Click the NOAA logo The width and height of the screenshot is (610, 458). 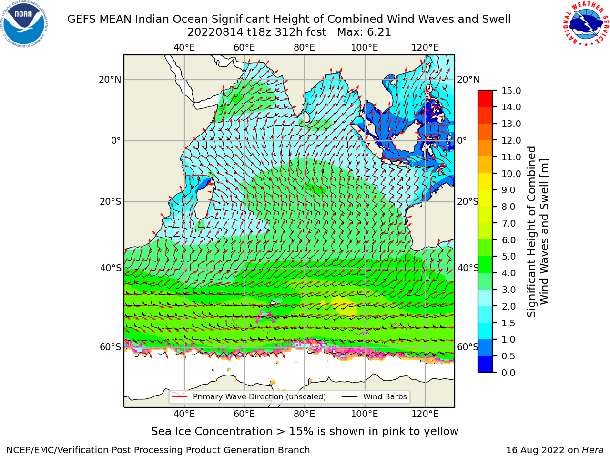pyautogui.click(x=24, y=24)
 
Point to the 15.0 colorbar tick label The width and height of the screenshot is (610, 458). pyautogui.click(x=511, y=91)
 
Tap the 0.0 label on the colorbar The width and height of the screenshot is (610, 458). pyautogui.click(x=508, y=373)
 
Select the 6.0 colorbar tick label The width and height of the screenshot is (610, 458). pyautogui.click(x=508, y=240)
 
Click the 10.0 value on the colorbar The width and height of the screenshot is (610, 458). pyautogui.click(x=511, y=174)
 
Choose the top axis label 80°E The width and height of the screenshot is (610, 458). pyautogui.click(x=305, y=48)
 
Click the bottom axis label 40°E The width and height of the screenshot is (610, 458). pyautogui.click(x=184, y=414)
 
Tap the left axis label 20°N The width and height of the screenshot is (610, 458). pyautogui.click(x=110, y=80)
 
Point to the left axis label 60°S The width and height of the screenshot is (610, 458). pyautogui.click(x=111, y=347)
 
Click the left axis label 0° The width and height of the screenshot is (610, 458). pyautogui.click(x=116, y=140)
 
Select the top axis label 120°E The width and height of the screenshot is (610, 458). pyautogui.click(x=425, y=48)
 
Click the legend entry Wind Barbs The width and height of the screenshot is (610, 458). pyautogui.click(x=385, y=396)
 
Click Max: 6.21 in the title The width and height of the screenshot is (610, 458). pyautogui.click(x=364, y=32)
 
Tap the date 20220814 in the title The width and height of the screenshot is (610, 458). pyautogui.click(x=215, y=32)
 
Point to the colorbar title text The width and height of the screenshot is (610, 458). pyautogui.click(x=538, y=231)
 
